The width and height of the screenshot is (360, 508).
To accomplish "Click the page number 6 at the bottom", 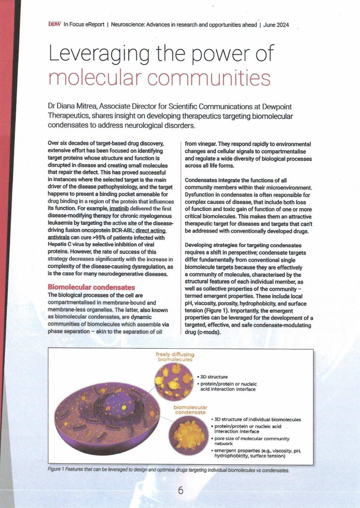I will [x=180, y=490].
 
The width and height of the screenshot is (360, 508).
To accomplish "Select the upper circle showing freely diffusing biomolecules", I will [x=174, y=381].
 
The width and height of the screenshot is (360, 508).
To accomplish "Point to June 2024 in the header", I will [x=276, y=24].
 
